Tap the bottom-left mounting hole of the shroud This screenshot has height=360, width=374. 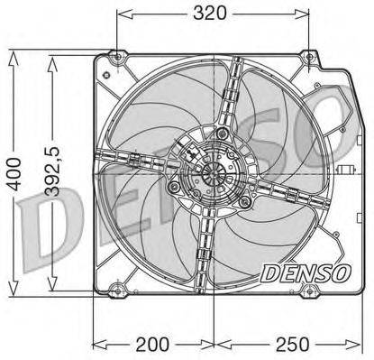(x=114, y=291)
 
